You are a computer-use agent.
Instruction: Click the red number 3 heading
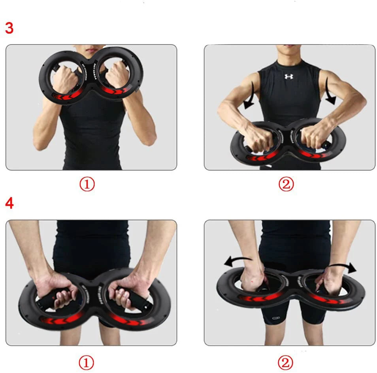click(9, 28)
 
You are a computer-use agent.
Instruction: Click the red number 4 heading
click(9, 204)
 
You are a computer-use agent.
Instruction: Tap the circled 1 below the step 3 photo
click(87, 184)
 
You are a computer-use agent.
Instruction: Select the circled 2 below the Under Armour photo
click(286, 184)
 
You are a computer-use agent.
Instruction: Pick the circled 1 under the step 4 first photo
click(87, 362)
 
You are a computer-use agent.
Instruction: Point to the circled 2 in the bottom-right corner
click(286, 362)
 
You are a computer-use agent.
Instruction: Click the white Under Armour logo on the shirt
click(289, 76)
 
